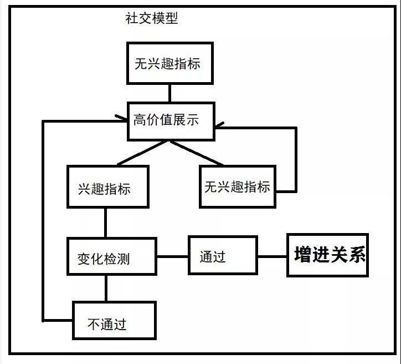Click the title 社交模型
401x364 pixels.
click(x=152, y=19)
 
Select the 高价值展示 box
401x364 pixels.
click(x=171, y=120)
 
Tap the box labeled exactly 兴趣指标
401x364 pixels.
click(x=107, y=187)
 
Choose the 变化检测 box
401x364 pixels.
click(x=112, y=256)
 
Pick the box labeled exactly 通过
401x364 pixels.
click(x=223, y=255)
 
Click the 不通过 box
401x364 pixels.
click(x=114, y=320)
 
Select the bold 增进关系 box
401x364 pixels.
click(x=327, y=255)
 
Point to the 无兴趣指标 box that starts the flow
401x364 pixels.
click(x=167, y=62)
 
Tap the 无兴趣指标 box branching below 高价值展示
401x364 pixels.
click(x=238, y=186)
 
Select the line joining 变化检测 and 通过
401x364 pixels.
click(x=172, y=256)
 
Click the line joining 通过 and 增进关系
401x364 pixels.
click(x=272, y=256)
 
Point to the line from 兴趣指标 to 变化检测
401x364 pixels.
click(x=105, y=223)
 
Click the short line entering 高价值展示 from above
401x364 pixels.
click(x=169, y=93)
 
